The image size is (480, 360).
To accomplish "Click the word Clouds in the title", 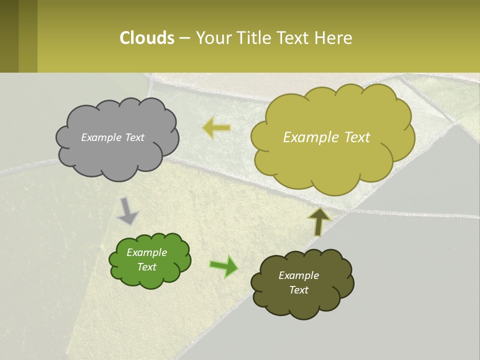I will (147, 38).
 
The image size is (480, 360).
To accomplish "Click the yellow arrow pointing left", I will (216, 128).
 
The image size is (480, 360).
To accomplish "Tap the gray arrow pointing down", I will (127, 211).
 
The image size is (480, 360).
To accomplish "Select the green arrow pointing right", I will (224, 266).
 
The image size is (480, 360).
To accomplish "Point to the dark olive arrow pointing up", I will (319, 221).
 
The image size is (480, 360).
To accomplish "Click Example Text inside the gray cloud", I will (112, 137).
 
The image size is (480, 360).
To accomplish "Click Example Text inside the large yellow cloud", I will (326, 137).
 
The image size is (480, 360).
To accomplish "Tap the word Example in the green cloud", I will (146, 252).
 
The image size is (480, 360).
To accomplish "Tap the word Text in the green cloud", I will (146, 267).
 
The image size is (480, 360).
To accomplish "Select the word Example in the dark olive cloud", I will (298, 275).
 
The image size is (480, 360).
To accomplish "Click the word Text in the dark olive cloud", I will (298, 290).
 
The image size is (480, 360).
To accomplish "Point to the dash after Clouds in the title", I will (184, 38).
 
